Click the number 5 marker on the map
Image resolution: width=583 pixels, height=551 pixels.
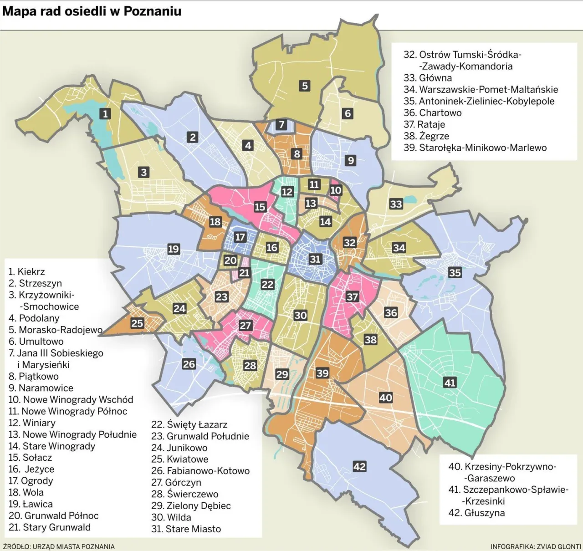305,85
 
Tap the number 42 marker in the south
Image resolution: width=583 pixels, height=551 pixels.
359,466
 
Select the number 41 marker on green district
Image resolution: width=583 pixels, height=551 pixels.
450,383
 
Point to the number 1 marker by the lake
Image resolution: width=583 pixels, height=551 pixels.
106,113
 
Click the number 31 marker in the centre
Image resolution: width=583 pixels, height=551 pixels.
315,259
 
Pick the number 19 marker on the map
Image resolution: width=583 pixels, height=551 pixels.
173,249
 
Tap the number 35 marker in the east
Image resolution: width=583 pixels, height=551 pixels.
455,272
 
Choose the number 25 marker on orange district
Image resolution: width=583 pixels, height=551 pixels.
137,323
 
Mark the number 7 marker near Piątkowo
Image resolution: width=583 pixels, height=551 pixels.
281,124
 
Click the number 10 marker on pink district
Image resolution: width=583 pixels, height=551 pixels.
336,190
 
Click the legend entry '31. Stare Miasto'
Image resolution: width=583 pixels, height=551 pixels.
186,529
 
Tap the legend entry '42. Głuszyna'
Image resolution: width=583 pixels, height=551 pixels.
476,513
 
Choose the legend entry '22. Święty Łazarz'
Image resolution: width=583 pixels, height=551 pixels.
189,425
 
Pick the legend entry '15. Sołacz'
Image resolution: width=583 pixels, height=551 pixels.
30,458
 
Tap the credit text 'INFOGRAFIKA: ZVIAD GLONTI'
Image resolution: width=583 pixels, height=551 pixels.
536,546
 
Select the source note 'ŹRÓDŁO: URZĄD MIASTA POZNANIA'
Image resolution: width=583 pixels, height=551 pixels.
59,546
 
